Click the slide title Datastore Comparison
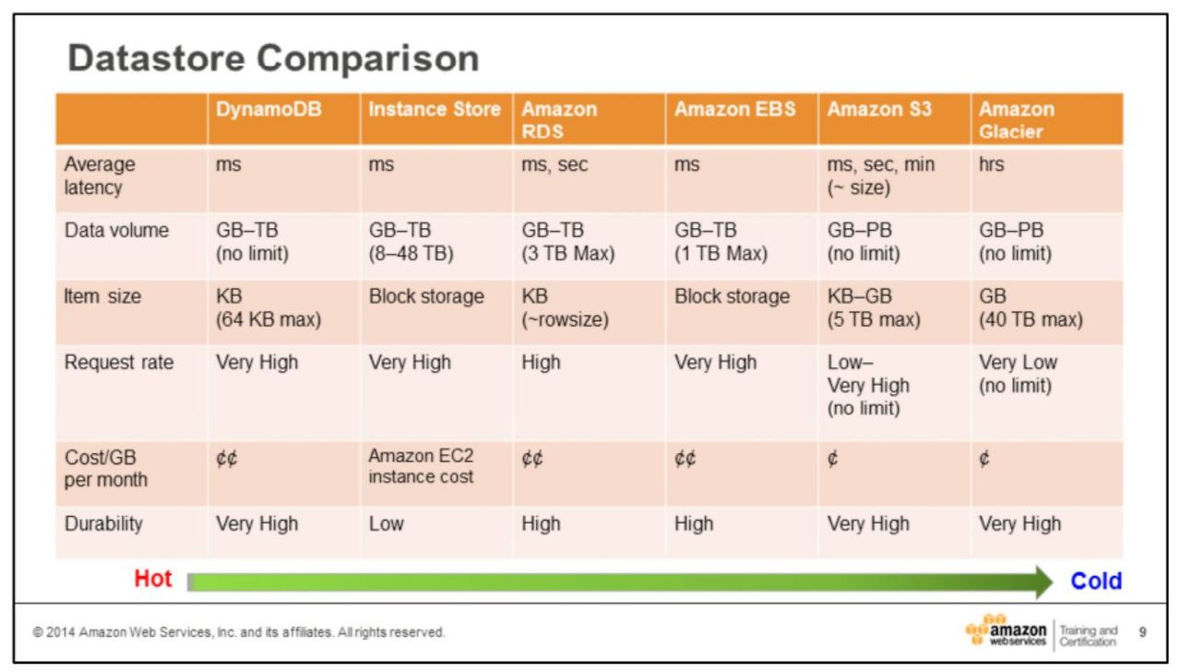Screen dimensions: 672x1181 [274, 60]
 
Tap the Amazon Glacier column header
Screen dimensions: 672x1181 [1017, 120]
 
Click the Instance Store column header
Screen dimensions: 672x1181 [434, 109]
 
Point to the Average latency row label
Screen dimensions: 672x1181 [99, 175]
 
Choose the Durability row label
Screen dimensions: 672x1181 [103, 523]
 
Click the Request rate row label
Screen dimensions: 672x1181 [118, 363]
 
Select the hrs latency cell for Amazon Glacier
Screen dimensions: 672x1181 [991, 165]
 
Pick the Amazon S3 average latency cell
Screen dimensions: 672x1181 [880, 175]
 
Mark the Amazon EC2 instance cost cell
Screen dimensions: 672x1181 [421, 466]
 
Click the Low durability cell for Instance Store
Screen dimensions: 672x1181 [386, 523]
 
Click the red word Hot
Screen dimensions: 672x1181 [153, 580]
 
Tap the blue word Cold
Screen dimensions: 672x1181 [1096, 581]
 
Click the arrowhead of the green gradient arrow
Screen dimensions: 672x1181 [1043, 582]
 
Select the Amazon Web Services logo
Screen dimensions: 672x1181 [1008, 631]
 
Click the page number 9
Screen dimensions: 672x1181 [1143, 632]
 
